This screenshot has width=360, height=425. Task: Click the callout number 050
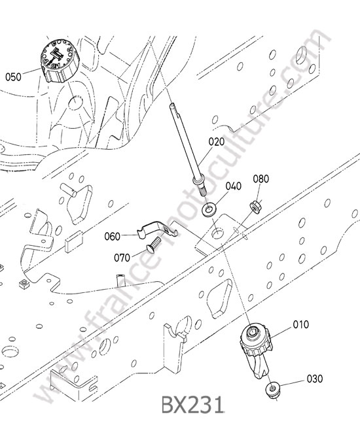(x=13, y=77)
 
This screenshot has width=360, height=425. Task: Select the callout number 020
(x=217, y=141)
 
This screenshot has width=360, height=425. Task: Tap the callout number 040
(x=233, y=186)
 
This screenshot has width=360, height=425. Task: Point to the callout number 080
(x=261, y=179)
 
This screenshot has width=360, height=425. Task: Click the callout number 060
(x=113, y=236)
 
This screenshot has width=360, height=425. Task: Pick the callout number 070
(x=122, y=258)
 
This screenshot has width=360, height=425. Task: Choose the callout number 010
(x=301, y=324)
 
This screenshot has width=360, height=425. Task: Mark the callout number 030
(x=315, y=379)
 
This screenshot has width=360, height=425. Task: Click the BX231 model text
(x=192, y=405)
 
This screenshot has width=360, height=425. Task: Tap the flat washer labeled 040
(x=209, y=210)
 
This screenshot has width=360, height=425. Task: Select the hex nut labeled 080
(x=255, y=207)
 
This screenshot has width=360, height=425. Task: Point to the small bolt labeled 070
(x=153, y=245)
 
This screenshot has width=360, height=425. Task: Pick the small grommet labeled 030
(x=272, y=391)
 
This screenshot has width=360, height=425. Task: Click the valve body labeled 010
(x=255, y=350)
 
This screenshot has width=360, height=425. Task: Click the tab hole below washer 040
(x=218, y=233)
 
